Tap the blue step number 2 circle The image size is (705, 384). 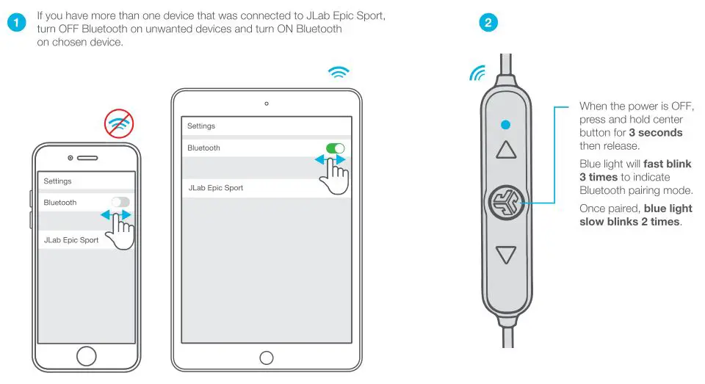488,23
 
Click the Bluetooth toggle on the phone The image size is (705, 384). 120,202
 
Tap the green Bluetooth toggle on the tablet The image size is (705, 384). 336,148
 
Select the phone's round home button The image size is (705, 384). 87,357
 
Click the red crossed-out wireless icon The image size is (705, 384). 119,125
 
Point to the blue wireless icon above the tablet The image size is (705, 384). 339,72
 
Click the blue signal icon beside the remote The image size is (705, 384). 477,73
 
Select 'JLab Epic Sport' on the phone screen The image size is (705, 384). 71,240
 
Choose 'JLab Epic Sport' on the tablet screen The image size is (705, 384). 216,188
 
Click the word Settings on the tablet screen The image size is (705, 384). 201,126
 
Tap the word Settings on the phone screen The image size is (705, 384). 57,181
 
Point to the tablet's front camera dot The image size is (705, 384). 267,103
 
